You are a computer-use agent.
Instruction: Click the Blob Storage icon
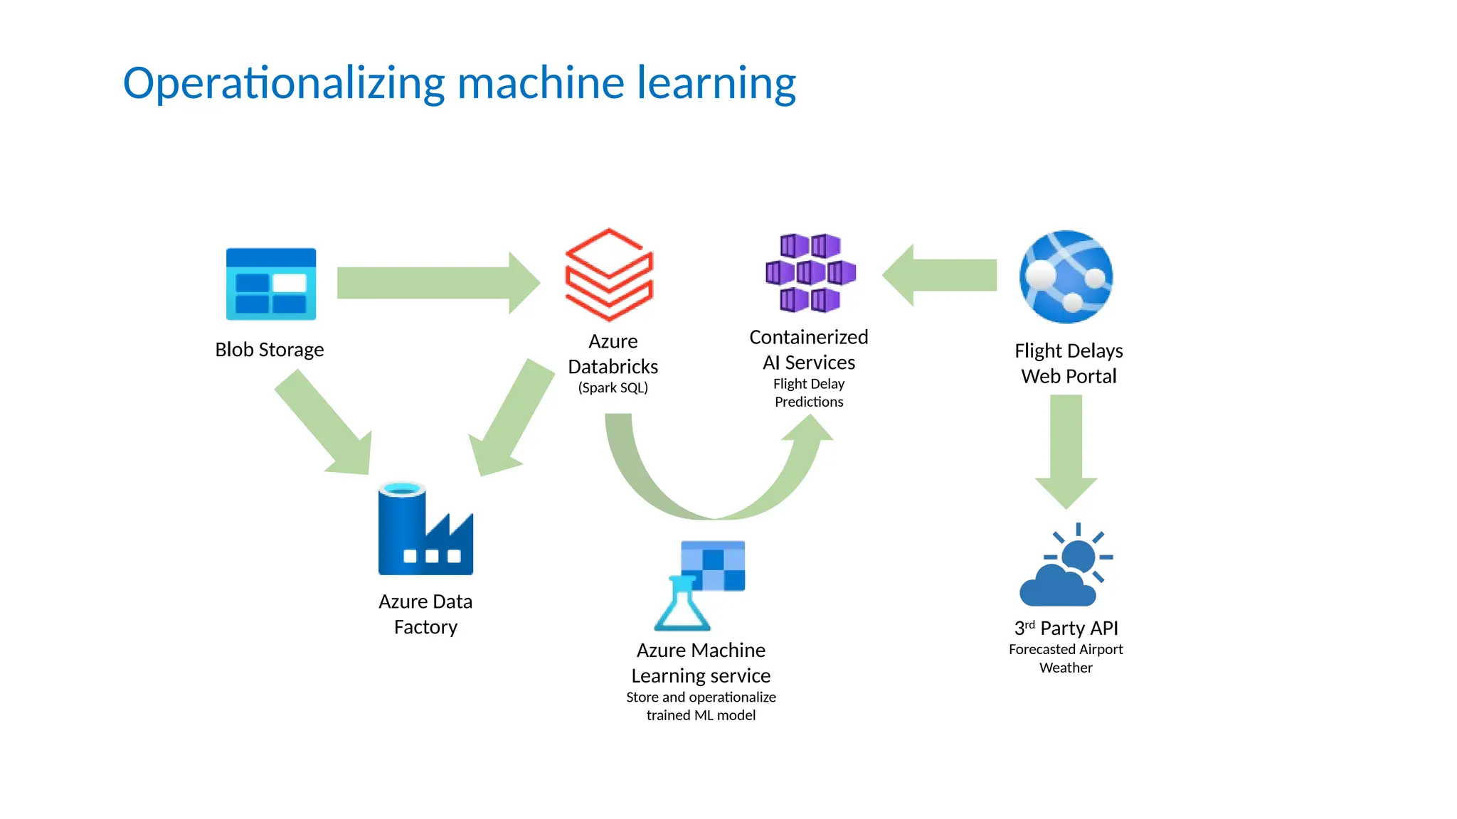(x=270, y=284)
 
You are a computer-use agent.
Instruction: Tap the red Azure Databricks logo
(x=609, y=274)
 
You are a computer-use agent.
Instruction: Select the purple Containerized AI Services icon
(x=810, y=273)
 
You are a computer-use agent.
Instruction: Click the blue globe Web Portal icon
(x=1066, y=277)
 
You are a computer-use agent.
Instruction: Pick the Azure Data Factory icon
(x=425, y=530)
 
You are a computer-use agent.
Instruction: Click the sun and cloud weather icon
(x=1066, y=565)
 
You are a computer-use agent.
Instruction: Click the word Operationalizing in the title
(x=284, y=84)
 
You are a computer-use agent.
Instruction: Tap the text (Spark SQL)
(x=613, y=388)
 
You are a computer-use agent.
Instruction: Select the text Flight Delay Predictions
(x=809, y=393)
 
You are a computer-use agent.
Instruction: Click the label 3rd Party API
(x=1066, y=628)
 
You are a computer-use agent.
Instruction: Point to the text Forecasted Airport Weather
(x=1066, y=658)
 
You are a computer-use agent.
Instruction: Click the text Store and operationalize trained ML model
(x=701, y=706)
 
